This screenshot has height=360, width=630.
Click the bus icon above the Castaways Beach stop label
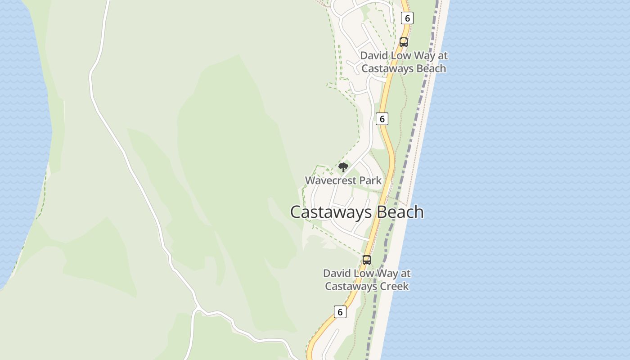tap(404, 42)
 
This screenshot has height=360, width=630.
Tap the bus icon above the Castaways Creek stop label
tap(367, 260)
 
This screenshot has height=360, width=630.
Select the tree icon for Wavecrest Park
tap(343, 168)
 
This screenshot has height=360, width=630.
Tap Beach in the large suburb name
tap(400, 212)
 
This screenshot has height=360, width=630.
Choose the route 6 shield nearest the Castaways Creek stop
tap(340, 312)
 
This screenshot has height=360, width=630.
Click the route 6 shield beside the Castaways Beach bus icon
tap(407, 18)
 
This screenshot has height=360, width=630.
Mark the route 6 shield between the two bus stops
tap(382, 119)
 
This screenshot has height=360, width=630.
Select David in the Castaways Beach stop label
tap(373, 56)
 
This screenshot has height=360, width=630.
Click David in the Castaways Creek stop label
tap(336, 274)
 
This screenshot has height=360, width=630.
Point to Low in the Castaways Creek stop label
tap(363, 274)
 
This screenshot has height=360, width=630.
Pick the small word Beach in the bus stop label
tap(430, 68)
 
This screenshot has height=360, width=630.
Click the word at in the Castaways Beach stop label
tap(443, 56)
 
